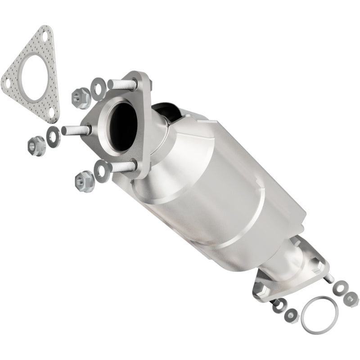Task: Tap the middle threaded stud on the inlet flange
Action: [x=74, y=130]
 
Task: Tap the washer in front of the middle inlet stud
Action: [x=53, y=134]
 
